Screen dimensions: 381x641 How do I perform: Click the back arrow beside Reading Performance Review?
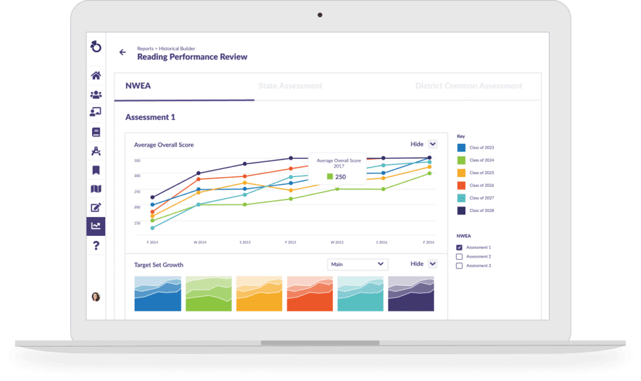point(123,53)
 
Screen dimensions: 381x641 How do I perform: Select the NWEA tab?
point(138,86)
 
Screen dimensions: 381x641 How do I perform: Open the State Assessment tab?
point(290,86)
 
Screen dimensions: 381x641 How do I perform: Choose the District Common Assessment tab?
point(468,86)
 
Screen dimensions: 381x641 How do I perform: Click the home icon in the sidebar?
point(96,76)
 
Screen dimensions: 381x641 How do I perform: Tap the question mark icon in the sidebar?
point(96,245)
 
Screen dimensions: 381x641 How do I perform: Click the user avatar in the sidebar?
point(96,297)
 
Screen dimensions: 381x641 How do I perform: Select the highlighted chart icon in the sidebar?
point(96,226)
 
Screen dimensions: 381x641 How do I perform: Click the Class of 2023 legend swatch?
point(461,148)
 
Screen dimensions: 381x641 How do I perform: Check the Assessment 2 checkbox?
point(459,257)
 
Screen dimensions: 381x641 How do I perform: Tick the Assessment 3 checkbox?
point(459,266)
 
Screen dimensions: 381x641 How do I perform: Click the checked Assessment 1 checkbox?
point(459,248)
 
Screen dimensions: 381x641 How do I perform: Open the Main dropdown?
point(357,264)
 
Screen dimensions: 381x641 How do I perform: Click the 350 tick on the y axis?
point(137,160)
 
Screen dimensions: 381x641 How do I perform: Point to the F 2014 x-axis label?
point(152,241)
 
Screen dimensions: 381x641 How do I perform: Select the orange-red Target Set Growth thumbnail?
point(309,293)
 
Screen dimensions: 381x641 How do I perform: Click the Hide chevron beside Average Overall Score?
point(433,144)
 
